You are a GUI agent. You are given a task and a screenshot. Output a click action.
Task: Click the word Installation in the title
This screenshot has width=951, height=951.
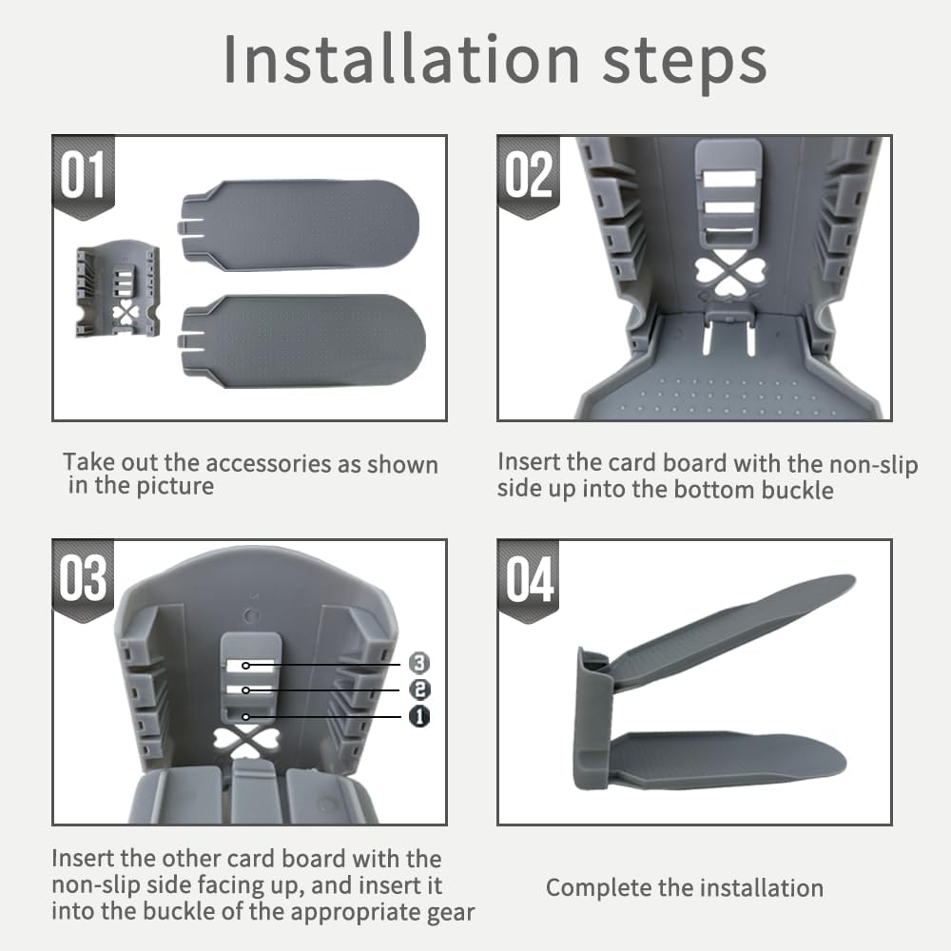pos(401,59)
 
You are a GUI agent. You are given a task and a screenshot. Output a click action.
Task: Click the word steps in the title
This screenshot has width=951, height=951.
pos(685,64)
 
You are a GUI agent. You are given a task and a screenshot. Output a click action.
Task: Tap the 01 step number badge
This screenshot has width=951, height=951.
pos(84,176)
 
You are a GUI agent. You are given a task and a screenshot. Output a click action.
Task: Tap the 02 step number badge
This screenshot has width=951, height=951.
pos(528,176)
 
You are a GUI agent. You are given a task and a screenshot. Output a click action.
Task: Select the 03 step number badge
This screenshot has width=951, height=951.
pos(83,579)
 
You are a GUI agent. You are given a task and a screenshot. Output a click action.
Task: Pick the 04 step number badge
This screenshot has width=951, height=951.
pos(528,580)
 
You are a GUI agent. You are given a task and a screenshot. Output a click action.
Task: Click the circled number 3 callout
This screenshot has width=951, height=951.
pos(419,663)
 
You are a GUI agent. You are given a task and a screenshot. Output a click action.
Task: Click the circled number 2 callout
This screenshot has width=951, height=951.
pos(419,689)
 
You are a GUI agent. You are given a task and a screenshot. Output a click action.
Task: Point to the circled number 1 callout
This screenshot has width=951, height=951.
pos(419,716)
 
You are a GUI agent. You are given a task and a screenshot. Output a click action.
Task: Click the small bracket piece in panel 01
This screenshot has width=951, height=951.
pos(118,289)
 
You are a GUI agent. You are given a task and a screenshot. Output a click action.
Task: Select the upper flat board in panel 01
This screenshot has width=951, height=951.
pos(299,224)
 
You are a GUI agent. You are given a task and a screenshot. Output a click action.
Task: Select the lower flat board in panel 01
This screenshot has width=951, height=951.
pos(301,340)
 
